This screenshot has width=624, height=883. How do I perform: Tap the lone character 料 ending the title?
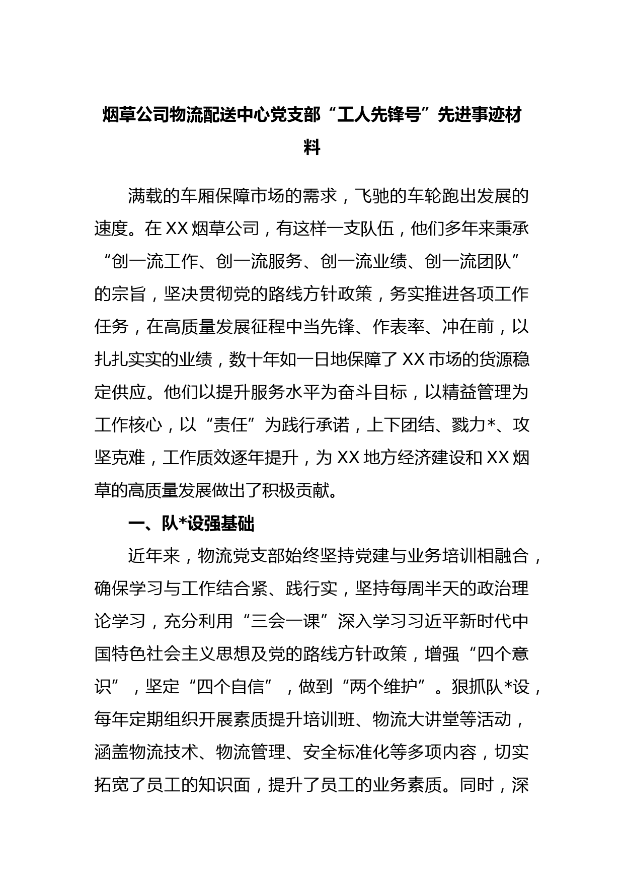pos(312,148)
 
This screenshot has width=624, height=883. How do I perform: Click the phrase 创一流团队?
pos(468,262)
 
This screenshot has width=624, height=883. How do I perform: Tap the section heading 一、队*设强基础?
pos(191,524)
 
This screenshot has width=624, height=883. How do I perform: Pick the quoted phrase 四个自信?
pos(231,687)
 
